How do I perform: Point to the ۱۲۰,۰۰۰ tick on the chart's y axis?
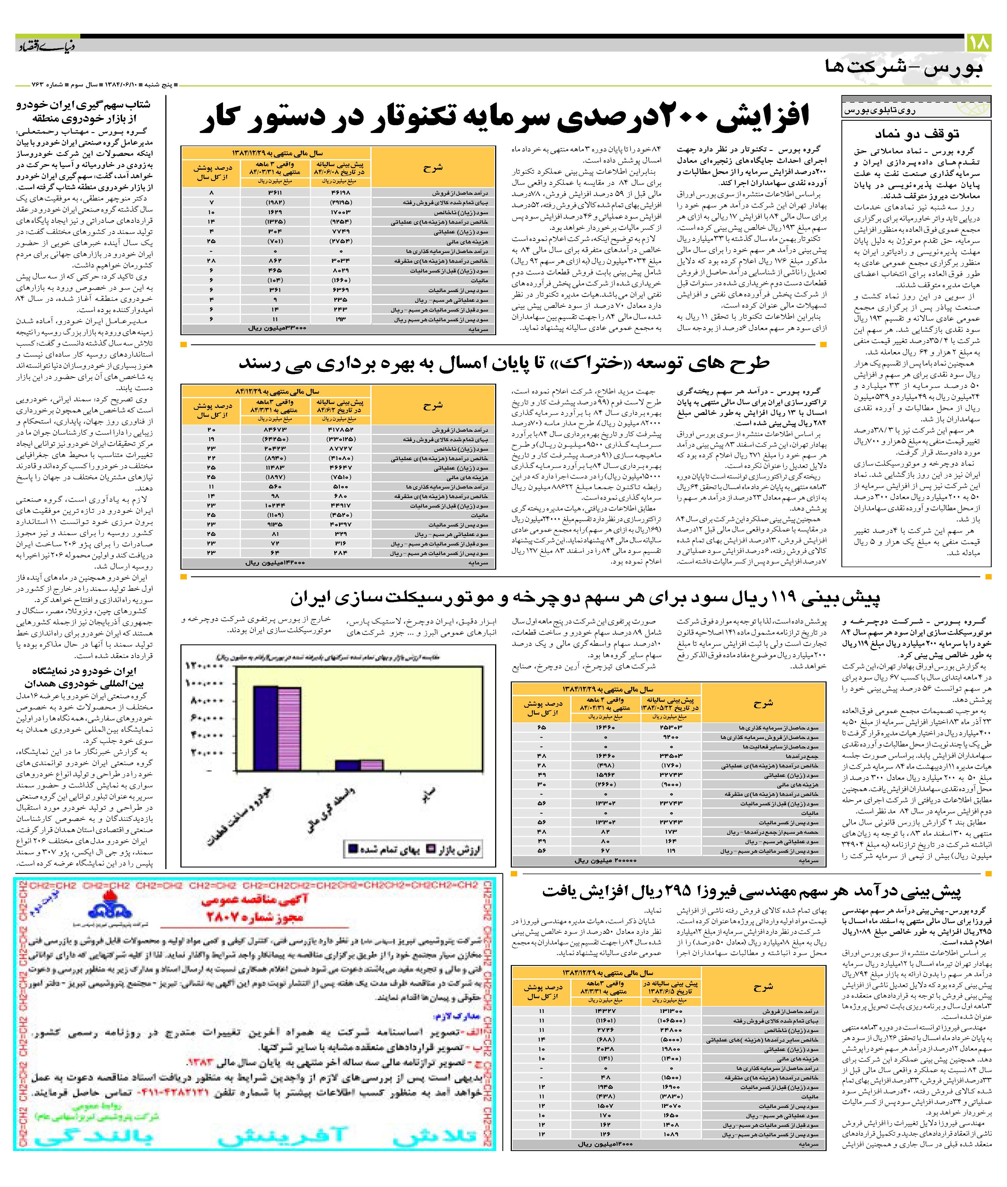point(204,666)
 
